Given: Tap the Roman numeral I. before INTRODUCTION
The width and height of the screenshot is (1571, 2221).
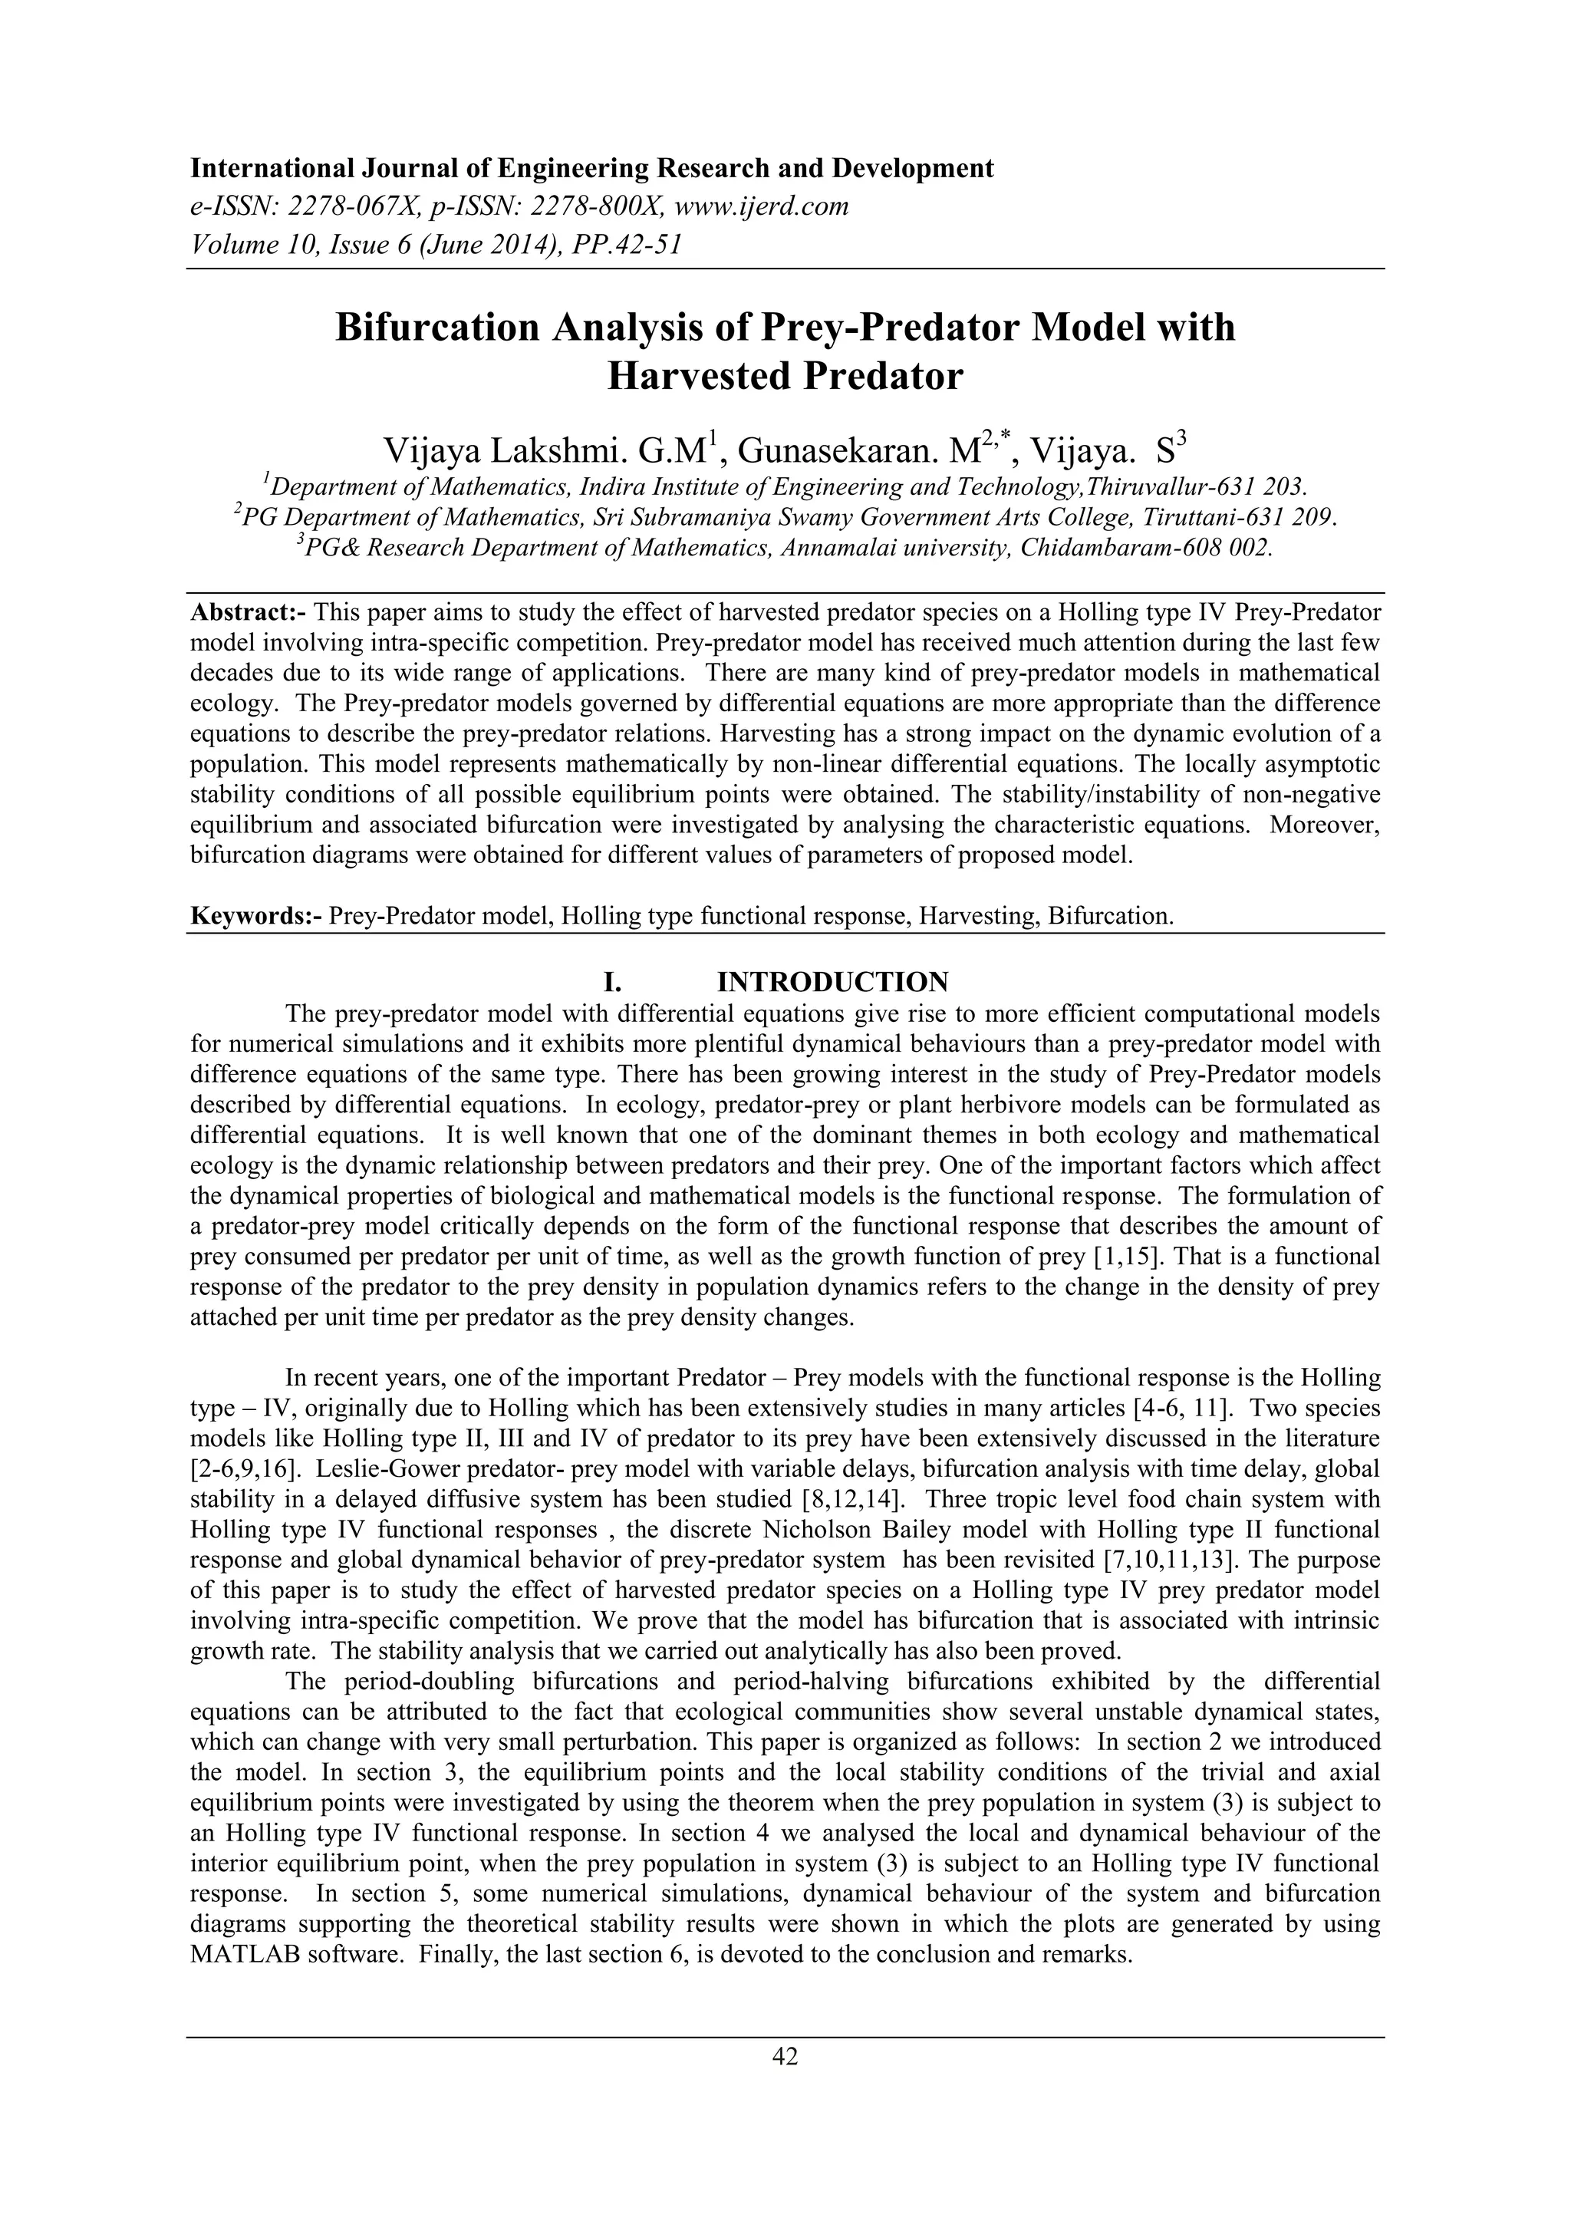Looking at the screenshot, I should point(611,982).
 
